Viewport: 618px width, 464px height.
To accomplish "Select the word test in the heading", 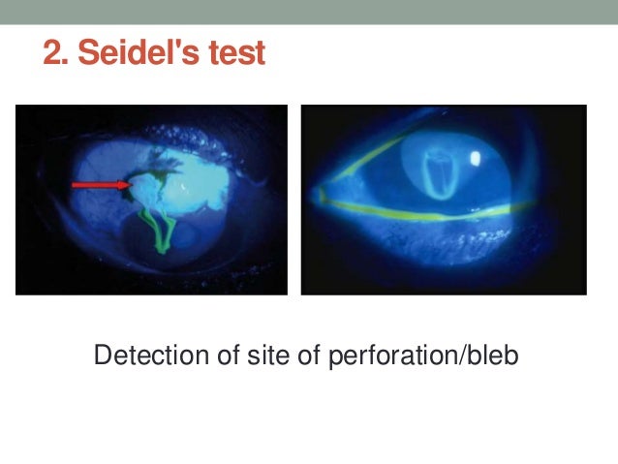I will click(x=233, y=53).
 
